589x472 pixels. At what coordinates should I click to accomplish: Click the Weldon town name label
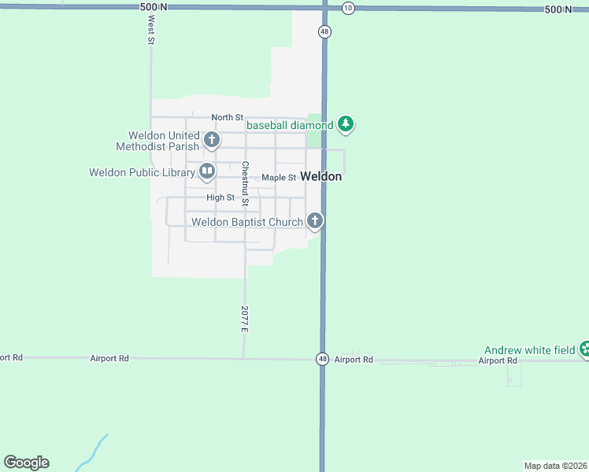(x=321, y=176)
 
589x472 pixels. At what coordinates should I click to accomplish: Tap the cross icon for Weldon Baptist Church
(x=315, y=221)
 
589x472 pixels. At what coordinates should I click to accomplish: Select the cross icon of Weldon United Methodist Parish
(x=211, y=141)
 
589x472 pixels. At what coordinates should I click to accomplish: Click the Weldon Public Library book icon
(x=206, y=170)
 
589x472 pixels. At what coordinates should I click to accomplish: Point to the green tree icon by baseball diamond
(x=345, y=124)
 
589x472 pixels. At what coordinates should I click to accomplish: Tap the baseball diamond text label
(x=290, y=125)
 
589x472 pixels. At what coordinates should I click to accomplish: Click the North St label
(x=227, y=117)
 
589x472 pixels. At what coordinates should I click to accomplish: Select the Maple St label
(x=279, y=178)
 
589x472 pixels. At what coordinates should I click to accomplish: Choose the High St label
(x=220, y=197)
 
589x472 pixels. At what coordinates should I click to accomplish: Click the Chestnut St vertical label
(x=246, y=184)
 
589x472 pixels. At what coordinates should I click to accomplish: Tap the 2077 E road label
(x=245, y=318)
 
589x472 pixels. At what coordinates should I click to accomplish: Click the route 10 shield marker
(x=348, y=8)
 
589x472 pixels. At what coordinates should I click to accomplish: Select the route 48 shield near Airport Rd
(x=323, y=359)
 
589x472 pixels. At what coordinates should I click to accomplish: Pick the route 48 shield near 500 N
(x=324, y=31)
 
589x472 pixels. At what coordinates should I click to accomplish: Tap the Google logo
(x=26, y=463)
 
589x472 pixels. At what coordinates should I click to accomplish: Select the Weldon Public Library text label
(x=142, y=172)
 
